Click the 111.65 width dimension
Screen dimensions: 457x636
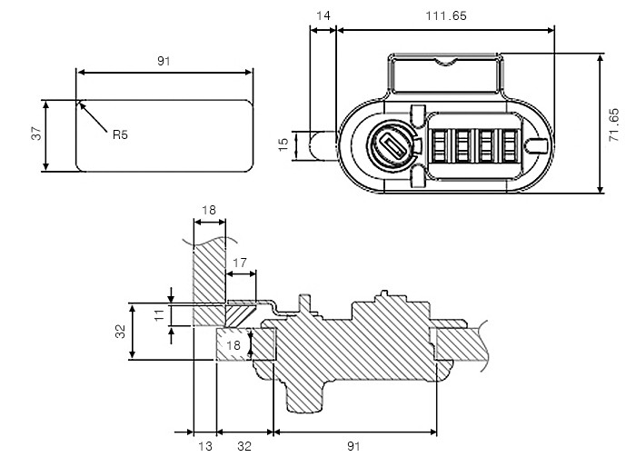tap(444, 15)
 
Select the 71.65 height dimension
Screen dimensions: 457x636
tap(613, 123)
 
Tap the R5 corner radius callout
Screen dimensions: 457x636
tap(120, 134)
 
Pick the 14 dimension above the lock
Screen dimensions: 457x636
tap(323, 15)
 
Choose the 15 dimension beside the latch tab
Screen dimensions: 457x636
tap(283, 144)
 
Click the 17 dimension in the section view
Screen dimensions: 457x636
tap(240, 263)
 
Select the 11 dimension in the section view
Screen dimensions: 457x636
tap(158, 314)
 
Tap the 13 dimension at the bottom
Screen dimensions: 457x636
tap(205, 445)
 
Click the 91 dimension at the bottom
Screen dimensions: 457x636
tap(354, 445)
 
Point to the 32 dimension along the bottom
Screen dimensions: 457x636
tap(244, 445)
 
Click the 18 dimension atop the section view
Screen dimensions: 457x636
tap(208, 210)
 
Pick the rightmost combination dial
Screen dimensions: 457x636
tap(508, 144)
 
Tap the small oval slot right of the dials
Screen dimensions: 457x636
tap(537, 144)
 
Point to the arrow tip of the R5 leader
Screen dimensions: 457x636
tap(80, 102)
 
